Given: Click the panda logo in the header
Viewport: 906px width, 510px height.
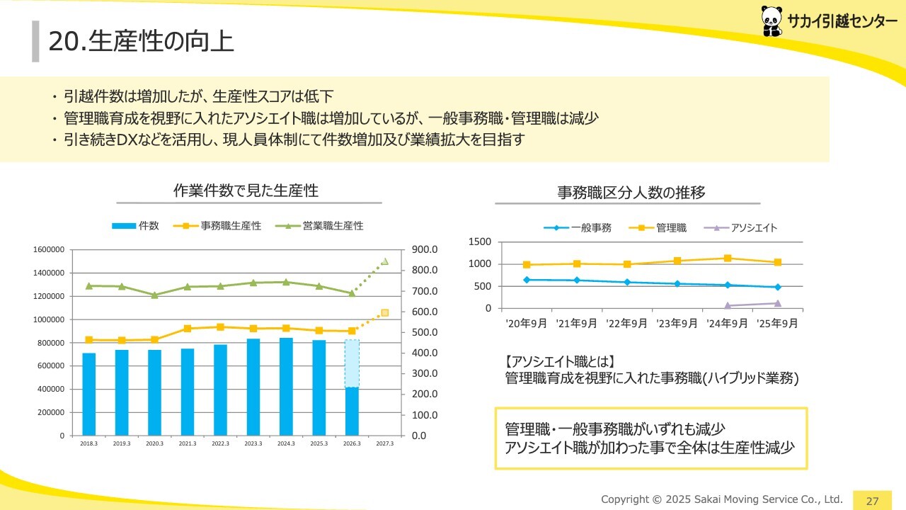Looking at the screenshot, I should pos(772,21).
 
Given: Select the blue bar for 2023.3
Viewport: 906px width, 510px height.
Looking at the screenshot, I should pos(253,387).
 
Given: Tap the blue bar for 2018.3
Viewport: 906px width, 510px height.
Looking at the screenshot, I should pos(88,394).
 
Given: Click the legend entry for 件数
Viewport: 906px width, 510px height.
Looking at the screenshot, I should pos(136,226).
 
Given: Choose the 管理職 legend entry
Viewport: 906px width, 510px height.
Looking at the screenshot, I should pos(661,228).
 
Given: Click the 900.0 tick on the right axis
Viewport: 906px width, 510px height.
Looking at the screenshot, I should pos(425,249).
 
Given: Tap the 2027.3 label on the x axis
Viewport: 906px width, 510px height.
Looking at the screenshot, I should pos(384,443).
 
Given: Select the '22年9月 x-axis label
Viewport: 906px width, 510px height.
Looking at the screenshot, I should pos(626,323).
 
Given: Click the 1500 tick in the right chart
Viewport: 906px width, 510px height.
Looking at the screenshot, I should pos(480,242).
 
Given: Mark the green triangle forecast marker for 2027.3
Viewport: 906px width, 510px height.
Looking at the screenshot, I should pos(384,261).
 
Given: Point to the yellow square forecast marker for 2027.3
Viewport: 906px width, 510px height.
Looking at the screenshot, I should pos(384,312).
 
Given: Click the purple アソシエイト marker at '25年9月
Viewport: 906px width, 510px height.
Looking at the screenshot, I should pos(777,303).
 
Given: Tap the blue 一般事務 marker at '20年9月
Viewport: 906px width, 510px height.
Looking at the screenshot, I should pos(526,280).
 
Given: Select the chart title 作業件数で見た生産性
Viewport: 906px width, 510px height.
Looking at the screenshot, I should pos(246,191).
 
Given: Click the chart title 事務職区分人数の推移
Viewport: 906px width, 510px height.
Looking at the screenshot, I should pos(631,192).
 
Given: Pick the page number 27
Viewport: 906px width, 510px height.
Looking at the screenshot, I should pos(872,501).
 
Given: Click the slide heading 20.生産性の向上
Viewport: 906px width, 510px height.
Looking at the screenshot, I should pos(141,41).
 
